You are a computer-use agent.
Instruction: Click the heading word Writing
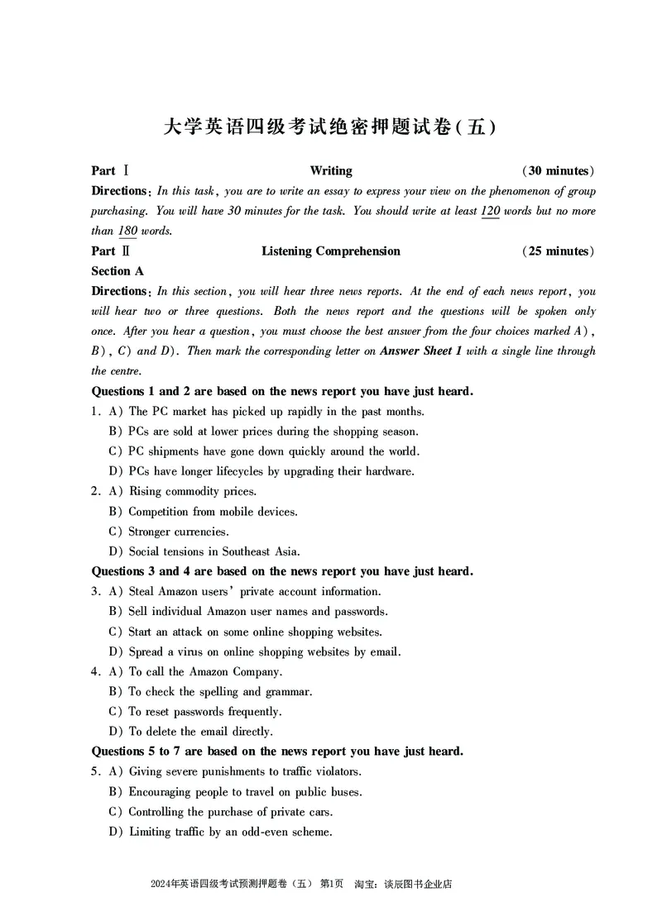coord(331,171)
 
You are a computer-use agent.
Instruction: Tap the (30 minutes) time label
coord(558,171)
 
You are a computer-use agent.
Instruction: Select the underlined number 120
coord(490,211)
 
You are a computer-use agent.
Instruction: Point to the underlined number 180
coord(127,231)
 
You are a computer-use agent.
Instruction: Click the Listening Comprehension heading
coord(331,251)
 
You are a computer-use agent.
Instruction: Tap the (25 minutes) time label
coord(558,251)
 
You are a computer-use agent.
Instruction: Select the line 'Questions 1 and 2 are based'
coord(281,391)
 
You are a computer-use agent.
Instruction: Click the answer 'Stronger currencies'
coord(179,532)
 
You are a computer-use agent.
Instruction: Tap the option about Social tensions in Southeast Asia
coord(213,551)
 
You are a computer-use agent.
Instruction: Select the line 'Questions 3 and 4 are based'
coord(281,571)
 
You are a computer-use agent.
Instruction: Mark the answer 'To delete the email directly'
coord(200,732)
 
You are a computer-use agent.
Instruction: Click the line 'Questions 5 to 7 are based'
coord(277,752)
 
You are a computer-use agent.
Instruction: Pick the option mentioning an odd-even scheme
coord(230,832)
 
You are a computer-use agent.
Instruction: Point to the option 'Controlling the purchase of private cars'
coord(228,812)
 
